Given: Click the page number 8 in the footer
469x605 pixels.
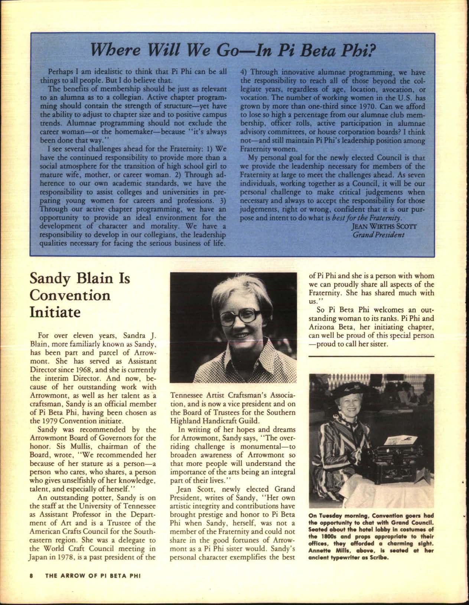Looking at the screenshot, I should point(32,576).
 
